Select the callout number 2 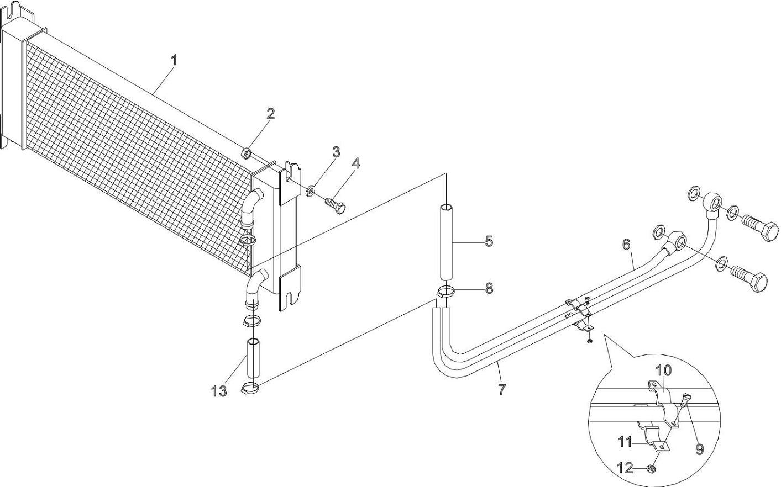tap(270, 114)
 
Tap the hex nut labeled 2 tap(248, 152)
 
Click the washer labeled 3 tap(310, 192)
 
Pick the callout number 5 tap(489, 241)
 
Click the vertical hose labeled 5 tap(447, 243)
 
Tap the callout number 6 tap(626, 244)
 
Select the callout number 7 tap(501, 389)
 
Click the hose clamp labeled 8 tap(445, 292)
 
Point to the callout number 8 tap(489, 288)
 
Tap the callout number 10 tap(664, 369)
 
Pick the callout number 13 tap(219, 391)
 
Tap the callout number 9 tap(700, 449)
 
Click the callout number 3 tap(336, 152)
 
